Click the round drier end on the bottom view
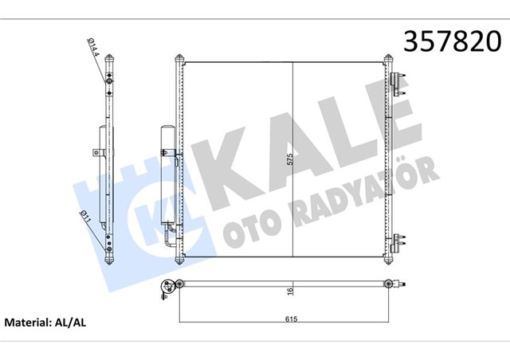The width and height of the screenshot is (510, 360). click(x=167, y=289)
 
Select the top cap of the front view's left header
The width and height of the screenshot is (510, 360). click(x=178, y=58)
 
